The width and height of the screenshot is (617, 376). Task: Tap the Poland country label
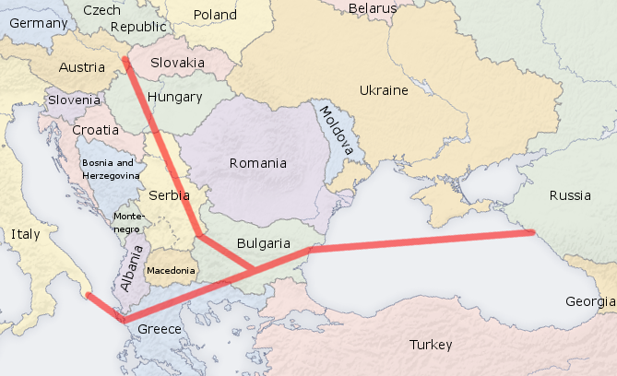coord(215,15)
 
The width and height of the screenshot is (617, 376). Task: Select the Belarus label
coord(373,8)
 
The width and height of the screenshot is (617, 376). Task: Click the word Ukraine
coord(383,90)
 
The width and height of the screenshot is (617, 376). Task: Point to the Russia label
coord(570,195)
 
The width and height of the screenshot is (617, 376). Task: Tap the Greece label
coord(160,329)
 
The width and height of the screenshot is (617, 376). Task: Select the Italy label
coord(26,234)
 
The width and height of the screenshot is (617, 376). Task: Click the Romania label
coord(258,163)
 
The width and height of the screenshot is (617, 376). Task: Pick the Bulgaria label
coord(264,243)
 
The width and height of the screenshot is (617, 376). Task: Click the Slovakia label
coord(177,63)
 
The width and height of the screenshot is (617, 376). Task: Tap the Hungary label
coord(174,97)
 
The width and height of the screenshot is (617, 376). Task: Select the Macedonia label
coord(172,271)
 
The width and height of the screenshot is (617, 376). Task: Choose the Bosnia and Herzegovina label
coord(110,168)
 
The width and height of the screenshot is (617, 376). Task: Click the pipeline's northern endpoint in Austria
coord(125,61)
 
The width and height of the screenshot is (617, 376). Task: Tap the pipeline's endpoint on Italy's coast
coord(87,295)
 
